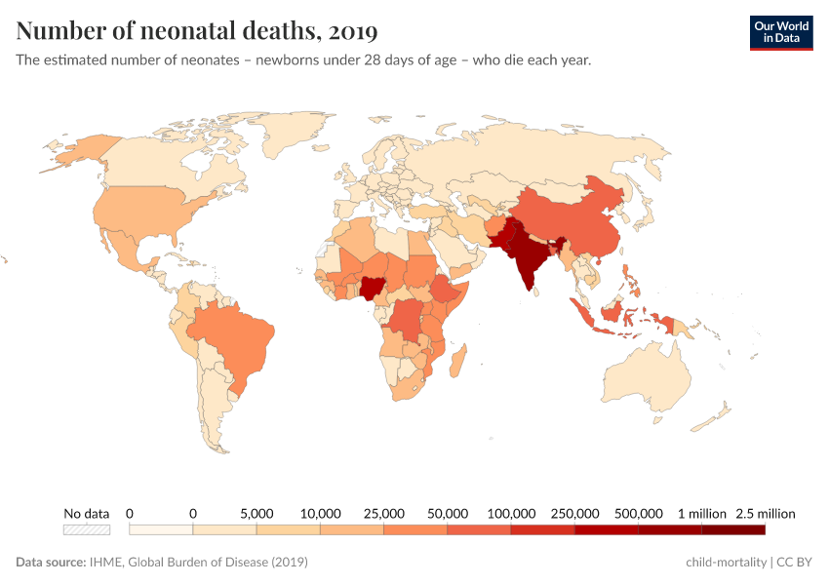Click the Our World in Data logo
pyautogui.click(x=780, y=32)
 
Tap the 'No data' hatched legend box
pyautogui.click(x=87, y=529)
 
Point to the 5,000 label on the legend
pyautogui.click(x=257, y=514)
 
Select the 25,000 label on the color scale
pyautogui.click(x=383, y=514)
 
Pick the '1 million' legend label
pyautogui.click(x=701, y=514)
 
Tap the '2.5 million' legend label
pyautogui.click(x=766, y=514)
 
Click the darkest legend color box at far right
pyautogui.click(x=732, y=529)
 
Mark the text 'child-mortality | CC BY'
pyautogui.click(x=749, y=563)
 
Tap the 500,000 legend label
pyautogui.click(x=638, y=514)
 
